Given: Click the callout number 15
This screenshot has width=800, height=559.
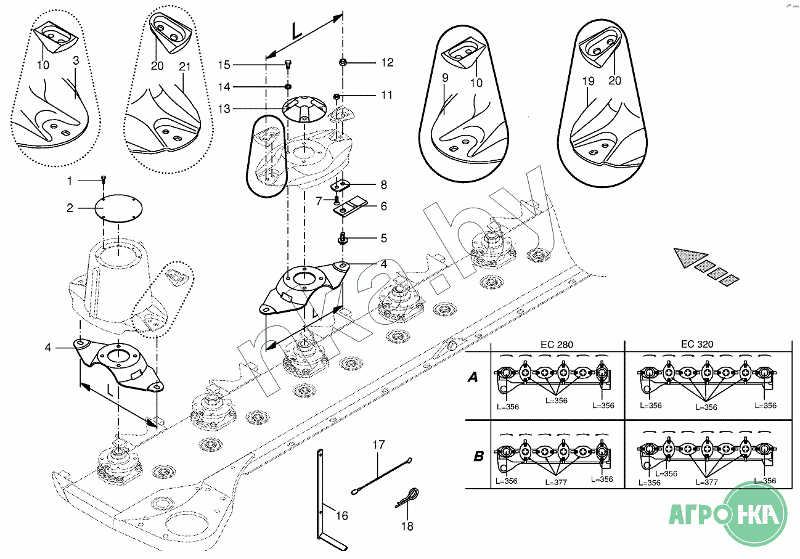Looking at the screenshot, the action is click(224, 65).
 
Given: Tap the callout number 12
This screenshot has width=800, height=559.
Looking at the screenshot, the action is click(387, 62).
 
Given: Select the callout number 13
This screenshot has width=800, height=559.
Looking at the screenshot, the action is click(224, 108).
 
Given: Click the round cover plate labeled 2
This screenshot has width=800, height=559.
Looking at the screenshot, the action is click(118, 208).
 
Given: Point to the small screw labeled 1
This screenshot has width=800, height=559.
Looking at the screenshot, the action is click(104, 179).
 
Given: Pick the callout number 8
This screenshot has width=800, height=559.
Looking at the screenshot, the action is click(384, 185).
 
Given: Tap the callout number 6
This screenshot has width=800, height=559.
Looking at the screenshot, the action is click(384, 206).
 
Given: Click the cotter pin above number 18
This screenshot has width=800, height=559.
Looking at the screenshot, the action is click(407, 497).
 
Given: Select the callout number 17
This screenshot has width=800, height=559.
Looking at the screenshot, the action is click(378, 445).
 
